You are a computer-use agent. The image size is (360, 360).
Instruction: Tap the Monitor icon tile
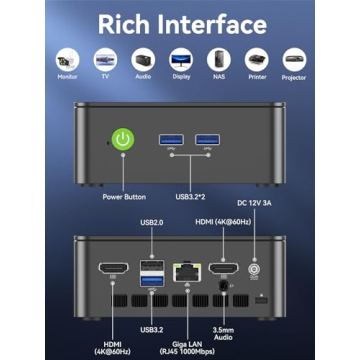68,60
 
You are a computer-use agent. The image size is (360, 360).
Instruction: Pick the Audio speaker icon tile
142,60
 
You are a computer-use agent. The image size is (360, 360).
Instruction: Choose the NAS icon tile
218,60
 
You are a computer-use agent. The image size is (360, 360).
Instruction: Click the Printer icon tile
255,60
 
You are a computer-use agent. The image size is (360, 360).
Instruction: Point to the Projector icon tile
293,60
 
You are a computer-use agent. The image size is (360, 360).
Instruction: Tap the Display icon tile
180,60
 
